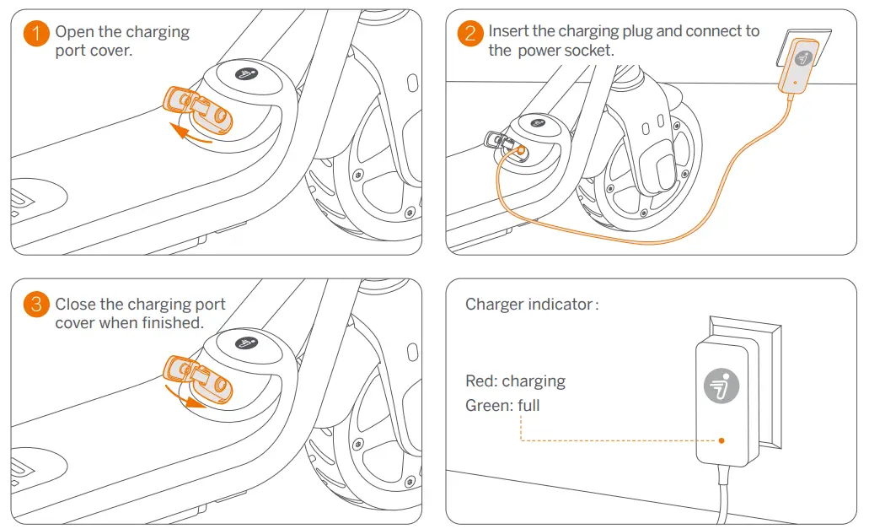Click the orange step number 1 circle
[x=35, y=34]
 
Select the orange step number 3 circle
[x=35, y=305]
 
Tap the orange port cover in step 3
[x=200, y=378]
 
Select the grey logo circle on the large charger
[x=721, y=386]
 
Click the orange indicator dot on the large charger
[x=722, y=440]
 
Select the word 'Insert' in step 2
[x=508, y=32]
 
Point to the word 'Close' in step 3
[x=75, y=304]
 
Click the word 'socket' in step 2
[x=590, y=51]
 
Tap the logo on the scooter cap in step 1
[x=245, y=74]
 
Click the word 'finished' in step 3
[x=168, y=323]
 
